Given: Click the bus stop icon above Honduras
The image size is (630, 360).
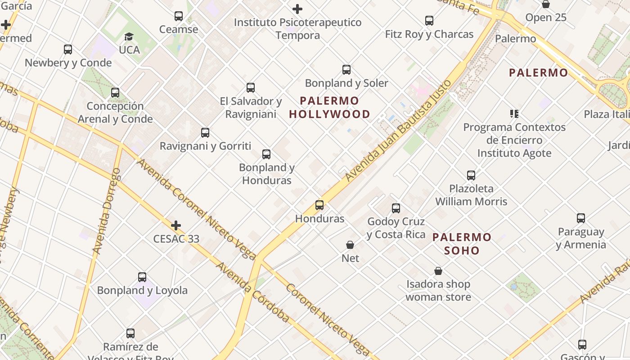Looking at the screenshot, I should point(319,205).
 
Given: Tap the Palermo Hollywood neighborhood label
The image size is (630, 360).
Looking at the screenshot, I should point(329,108).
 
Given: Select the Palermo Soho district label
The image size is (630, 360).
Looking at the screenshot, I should point(462,244).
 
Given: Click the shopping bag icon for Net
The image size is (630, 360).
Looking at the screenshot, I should point(350,245).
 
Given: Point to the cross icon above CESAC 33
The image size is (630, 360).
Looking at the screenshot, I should point(176,225).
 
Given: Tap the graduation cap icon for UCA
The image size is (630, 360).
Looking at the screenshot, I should point(129,36).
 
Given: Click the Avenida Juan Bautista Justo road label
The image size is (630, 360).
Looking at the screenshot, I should point(398,131).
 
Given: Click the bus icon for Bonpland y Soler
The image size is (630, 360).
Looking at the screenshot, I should point(346,70).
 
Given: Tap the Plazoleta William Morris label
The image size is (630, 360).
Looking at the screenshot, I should point(471,195).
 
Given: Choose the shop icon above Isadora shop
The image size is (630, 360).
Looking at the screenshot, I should point(438,271).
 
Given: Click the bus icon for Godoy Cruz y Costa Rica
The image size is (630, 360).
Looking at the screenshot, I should point(396,208).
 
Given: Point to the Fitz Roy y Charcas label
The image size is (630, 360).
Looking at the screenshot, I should point(429,34).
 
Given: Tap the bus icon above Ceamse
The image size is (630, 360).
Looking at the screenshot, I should point(179,16).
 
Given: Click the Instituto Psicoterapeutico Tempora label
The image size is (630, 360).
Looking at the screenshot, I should point(297,29).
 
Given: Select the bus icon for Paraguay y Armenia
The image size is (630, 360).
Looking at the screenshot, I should point(581,218).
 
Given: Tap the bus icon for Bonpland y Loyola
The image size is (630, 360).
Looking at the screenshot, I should point(142,277).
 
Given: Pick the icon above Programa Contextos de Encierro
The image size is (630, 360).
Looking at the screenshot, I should point(514,113).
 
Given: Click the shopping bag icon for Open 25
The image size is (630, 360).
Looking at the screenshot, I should point(546,4).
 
